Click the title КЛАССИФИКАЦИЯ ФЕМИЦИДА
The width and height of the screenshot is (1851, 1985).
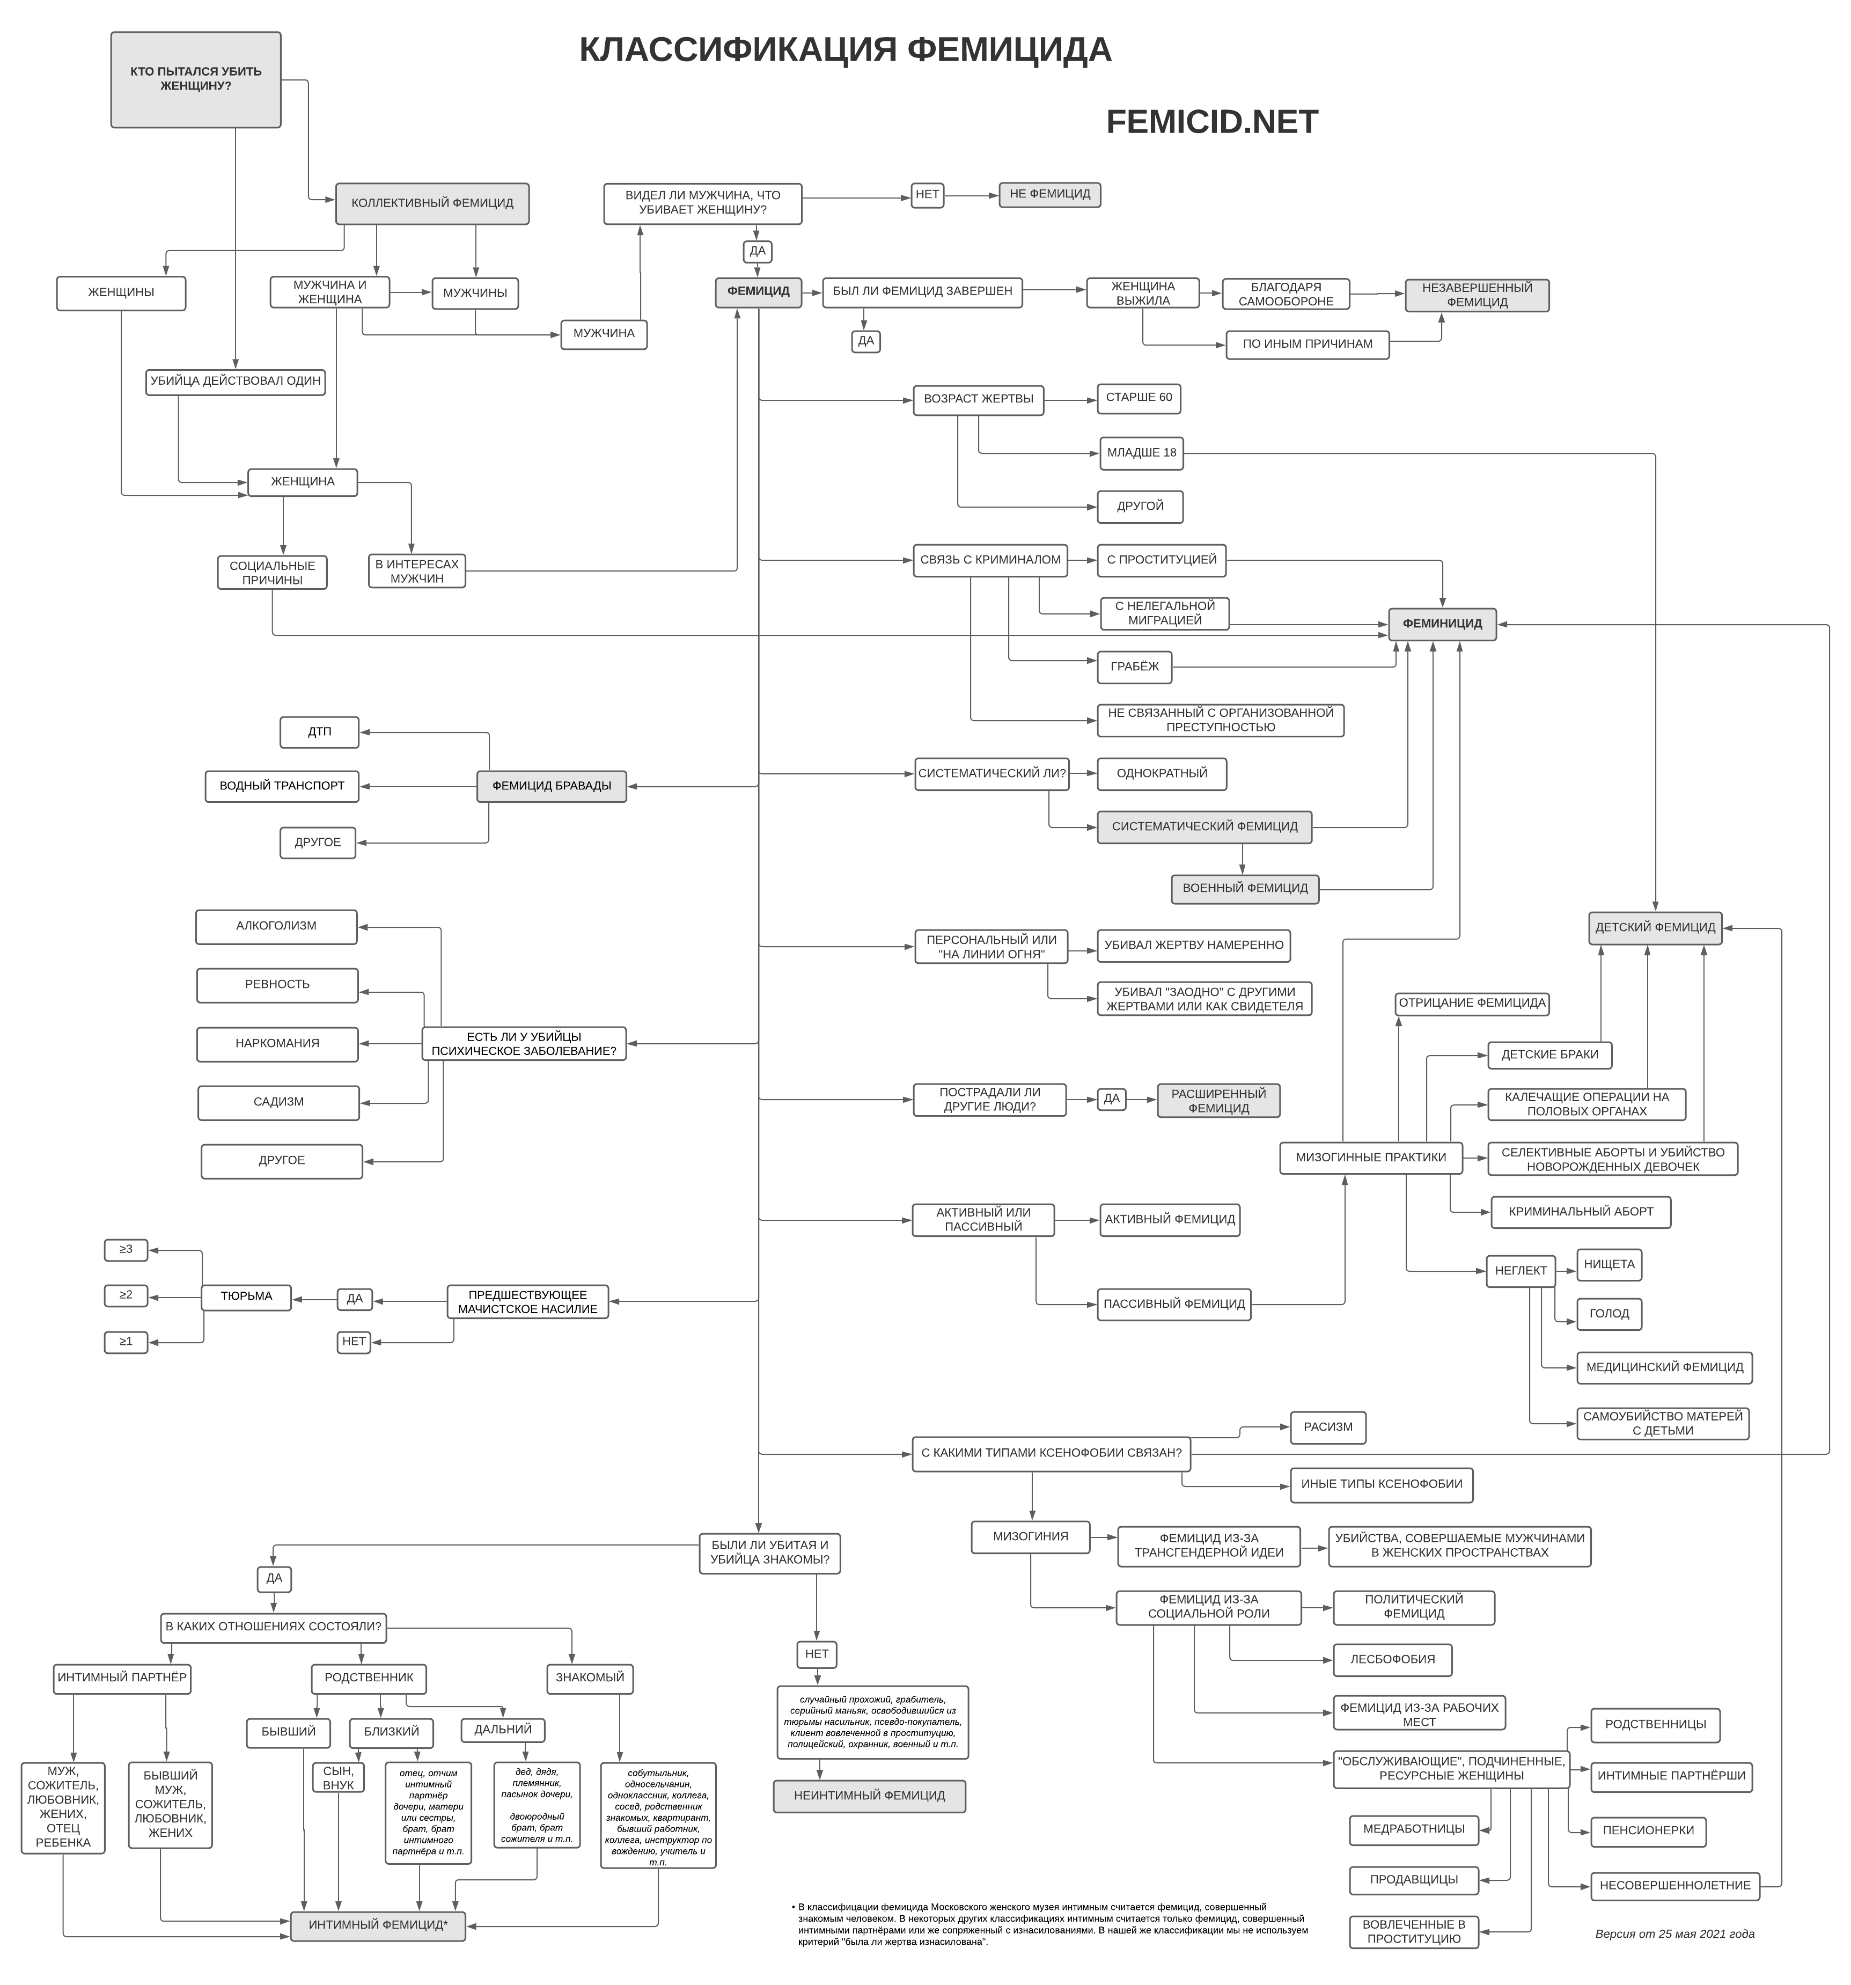844,50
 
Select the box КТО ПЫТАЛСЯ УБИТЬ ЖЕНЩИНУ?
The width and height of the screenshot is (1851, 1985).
196,80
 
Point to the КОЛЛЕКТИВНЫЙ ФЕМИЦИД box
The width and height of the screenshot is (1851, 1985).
432,204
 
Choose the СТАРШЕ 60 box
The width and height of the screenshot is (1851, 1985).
1138,398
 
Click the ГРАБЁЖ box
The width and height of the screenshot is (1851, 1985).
1134,667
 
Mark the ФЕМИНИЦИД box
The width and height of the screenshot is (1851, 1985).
1442,624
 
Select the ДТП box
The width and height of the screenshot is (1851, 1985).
319,732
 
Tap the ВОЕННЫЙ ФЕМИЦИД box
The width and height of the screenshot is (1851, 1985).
1244,889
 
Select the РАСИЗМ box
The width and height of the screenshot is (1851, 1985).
1328,1427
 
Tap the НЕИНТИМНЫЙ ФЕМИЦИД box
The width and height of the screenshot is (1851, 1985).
870,1795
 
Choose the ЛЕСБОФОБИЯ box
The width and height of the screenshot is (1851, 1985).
1393,1659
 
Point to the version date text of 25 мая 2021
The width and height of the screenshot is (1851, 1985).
1674,1934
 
